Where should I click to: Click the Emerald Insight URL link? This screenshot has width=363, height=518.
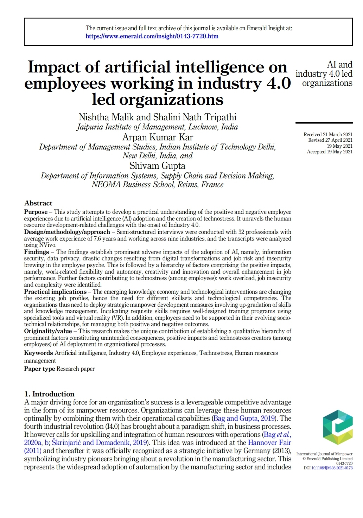tap(152, 36)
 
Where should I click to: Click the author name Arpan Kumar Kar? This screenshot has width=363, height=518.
tap(158, 137)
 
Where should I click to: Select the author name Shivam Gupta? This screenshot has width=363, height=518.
tap(157, 166)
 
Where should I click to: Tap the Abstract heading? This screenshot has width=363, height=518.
tap(38, 203)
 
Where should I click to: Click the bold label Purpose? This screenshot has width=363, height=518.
tap(36, 212)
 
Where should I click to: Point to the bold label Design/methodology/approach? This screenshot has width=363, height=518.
tap(67, 232)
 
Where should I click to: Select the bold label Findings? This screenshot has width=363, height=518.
tap(36, 252)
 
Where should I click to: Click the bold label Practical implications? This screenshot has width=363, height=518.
tap(55, 292)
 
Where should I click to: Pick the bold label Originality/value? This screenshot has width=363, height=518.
tap(48, 331)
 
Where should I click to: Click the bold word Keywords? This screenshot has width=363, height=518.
tap(38, 353)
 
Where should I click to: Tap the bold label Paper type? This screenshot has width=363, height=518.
tap(39, 369)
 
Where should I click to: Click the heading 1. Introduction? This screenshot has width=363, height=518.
tap(49, 394)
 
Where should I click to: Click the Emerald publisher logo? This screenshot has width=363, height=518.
tap(338, 427)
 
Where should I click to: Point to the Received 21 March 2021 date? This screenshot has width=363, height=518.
tap(328, 135)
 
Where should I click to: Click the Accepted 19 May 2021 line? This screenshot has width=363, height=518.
tap(329, 152)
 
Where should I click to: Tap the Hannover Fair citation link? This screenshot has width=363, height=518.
tap(269, 443)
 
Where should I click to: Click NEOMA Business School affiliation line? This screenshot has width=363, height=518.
tap(157, 185)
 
